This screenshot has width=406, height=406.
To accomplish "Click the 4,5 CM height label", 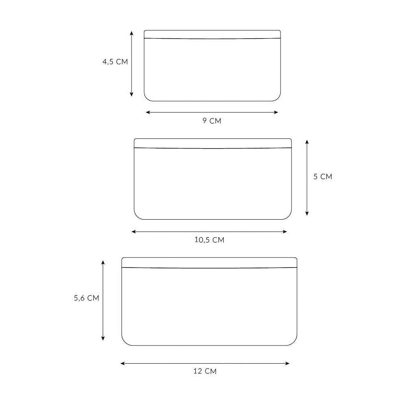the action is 115,62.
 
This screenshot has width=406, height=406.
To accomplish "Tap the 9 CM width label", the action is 212,121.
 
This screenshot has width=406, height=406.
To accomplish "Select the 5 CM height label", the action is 323,176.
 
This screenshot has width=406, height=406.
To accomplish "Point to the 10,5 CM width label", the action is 209,240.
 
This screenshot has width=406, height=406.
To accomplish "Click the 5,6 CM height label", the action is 86,298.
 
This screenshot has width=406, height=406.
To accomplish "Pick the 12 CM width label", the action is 205,371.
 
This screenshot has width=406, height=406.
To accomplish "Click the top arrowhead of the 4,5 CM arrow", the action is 132,33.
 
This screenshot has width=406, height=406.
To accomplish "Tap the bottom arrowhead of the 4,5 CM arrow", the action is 132,95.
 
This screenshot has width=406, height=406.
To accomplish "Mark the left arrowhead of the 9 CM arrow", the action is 148,112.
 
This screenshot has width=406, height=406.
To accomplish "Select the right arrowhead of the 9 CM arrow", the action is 276,112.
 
